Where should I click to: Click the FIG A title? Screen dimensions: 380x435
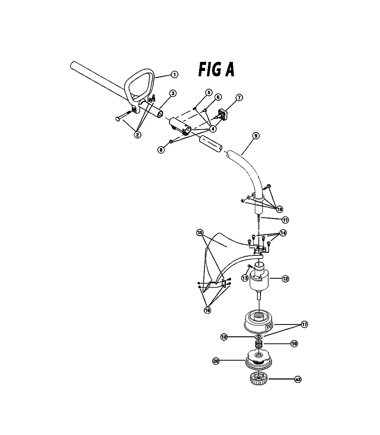(x=216, y=69)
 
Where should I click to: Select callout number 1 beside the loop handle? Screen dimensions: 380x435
(x=174, y=74)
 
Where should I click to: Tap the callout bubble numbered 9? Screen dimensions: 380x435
(x=256, y=136)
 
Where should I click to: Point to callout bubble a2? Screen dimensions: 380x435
(x=298, y=379)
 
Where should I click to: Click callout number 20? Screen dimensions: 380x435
(x=216, y=361)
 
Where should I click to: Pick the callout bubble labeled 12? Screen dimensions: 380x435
(x=285, y=279)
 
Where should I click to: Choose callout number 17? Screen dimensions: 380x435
(x=304, y=324)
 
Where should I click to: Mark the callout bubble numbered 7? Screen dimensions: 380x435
(x=239, y=98)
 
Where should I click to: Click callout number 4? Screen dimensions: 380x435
(x=213, y=129)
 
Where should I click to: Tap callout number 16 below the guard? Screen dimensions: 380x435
(x=207, y=310)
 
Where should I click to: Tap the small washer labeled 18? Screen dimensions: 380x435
(x=259, y=337)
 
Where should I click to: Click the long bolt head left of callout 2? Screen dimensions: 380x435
(x=117, y=119)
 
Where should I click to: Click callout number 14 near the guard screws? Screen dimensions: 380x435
(x=283, y=233)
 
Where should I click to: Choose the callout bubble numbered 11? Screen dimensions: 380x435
(x=285, y=220)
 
